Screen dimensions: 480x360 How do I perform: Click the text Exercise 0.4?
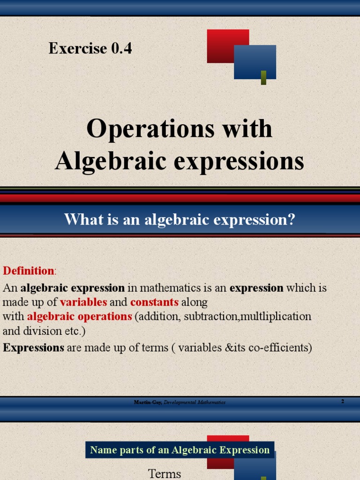[x=90, y=48]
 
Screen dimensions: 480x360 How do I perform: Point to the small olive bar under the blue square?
[x=263, y=77]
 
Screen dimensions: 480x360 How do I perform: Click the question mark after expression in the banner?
[x=291, y=219]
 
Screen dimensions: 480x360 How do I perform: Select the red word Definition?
[x=28, y=271]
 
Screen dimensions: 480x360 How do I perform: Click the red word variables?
[x=83, y=302]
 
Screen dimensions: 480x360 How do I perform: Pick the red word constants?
[x=154, y=302]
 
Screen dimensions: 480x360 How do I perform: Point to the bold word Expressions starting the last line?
[x=33, y=348]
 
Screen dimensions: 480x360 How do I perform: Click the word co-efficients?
[x=278, y=348]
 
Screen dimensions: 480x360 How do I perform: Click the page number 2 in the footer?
[x=343, y=401]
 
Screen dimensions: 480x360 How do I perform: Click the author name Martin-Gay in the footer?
[x=148, y=403]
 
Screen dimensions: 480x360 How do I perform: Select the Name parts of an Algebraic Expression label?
[x=180, y=450]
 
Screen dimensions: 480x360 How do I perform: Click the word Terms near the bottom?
[x=165, y=473]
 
